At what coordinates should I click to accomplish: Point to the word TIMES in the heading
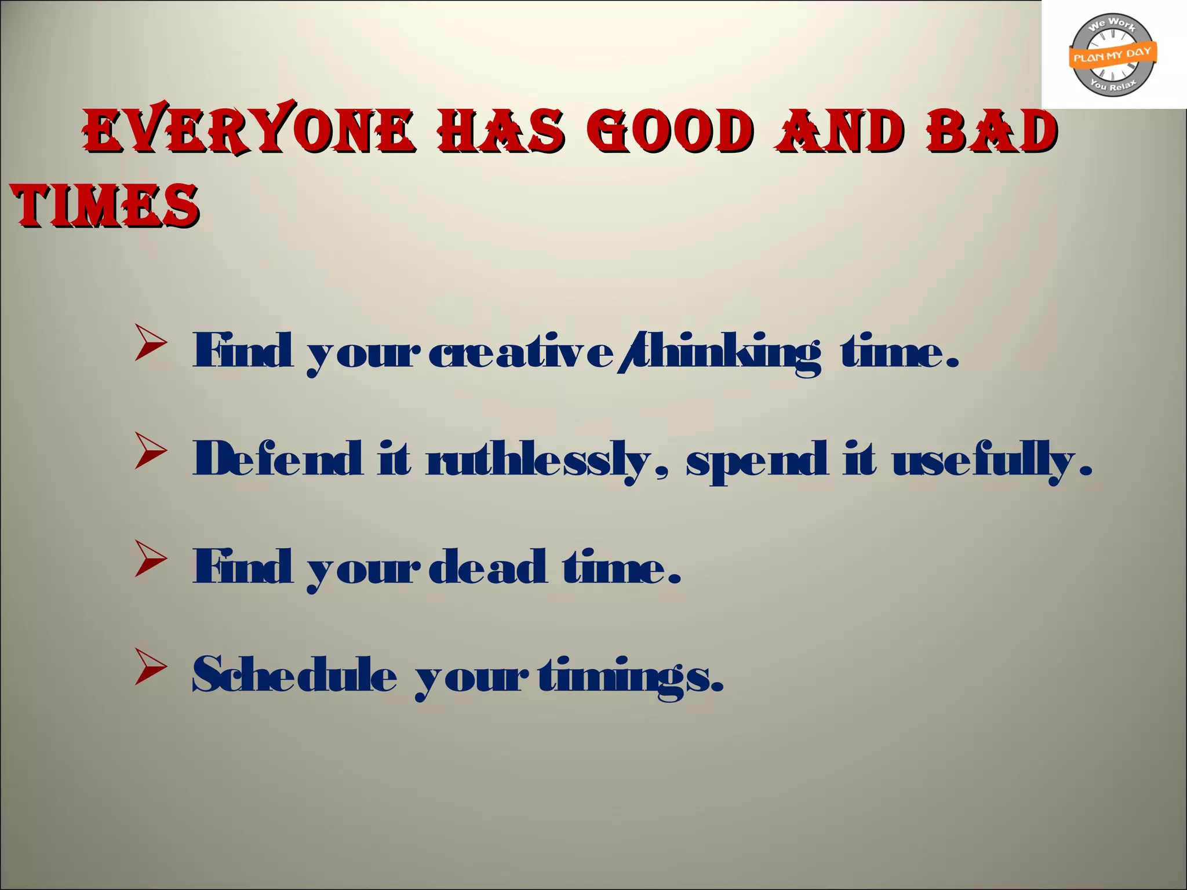pyautogui.click(x=105, y=205)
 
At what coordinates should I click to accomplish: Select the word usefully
pyautogui.click(x=985, y=461)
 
